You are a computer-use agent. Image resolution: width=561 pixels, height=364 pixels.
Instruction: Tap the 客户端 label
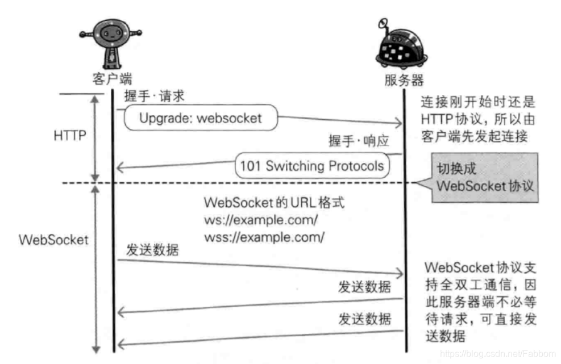click(112, 78)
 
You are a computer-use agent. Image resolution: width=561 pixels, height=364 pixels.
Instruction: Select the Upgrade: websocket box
click(201, 118)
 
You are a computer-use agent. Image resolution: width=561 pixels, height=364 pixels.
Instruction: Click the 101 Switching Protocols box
click(312, 166)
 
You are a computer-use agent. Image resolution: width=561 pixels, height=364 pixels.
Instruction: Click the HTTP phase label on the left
click(70, 137)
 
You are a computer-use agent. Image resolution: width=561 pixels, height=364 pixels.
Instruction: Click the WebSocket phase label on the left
click(53, 239)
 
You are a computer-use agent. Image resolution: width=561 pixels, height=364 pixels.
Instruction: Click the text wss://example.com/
click(264, 237)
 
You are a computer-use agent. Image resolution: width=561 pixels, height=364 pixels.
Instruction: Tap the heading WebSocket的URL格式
click(274, 202)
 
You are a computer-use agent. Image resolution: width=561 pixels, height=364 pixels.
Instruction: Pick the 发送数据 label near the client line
click(152, 250)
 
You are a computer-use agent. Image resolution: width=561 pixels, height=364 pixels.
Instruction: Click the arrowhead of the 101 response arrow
click(120, 166)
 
